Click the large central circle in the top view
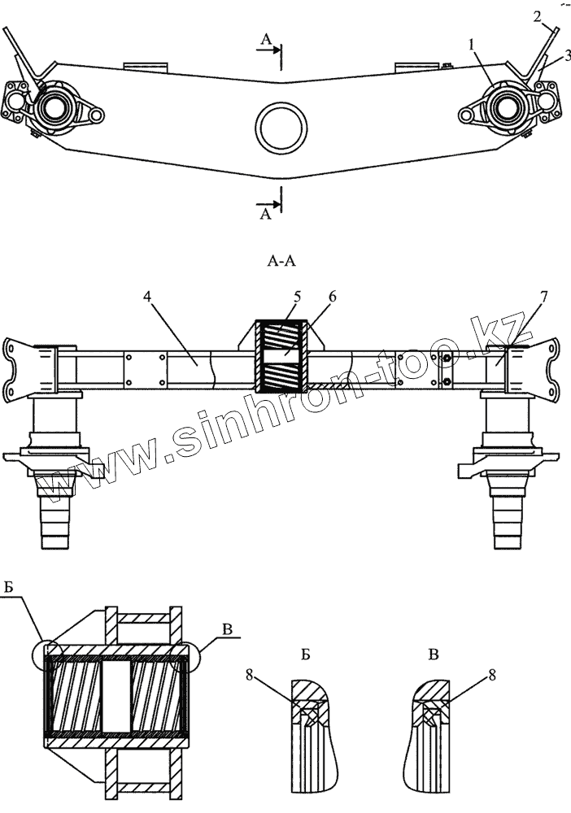[281, 128]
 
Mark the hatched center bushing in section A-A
[281, 356]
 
